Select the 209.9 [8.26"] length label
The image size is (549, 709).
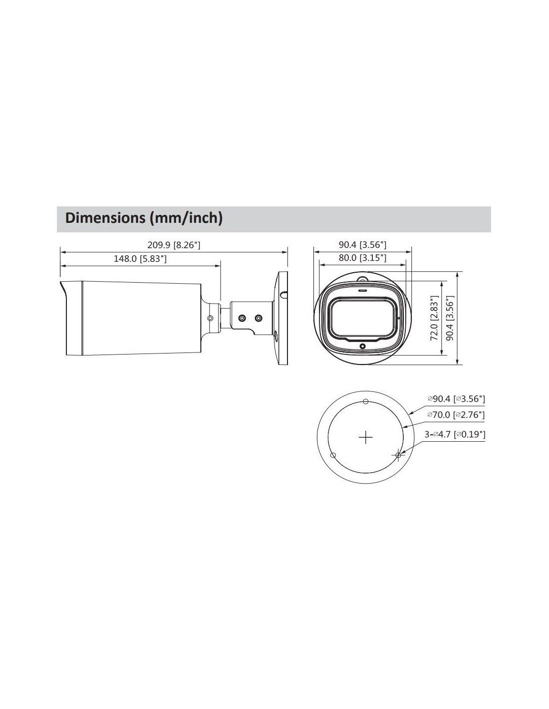click(174, 244)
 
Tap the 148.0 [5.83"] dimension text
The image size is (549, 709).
click(140, 259)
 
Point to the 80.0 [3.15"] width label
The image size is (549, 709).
click(362, 258)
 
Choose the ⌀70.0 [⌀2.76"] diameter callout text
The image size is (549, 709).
click(456, 415)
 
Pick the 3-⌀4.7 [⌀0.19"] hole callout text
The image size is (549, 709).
click(455, 434)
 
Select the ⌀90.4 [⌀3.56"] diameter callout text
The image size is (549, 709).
click(457, 398)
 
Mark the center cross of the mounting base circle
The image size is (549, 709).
click(366, 437)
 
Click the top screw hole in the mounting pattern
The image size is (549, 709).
click(366, 401)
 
